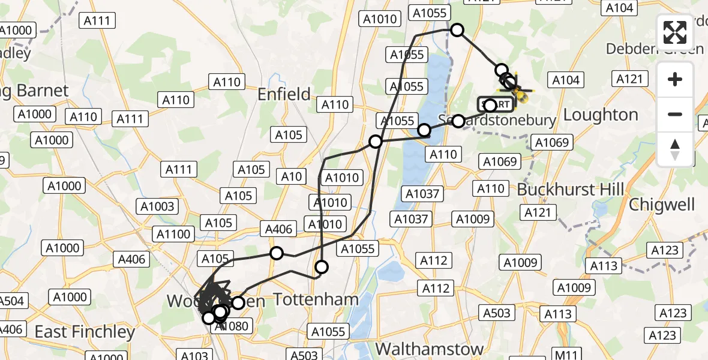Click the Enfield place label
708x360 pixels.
click(x=284, y=94)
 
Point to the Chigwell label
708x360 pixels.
click(x=662, y=205)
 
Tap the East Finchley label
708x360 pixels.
click(x=85, y=332)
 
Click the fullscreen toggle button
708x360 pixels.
click(x=675, y=32)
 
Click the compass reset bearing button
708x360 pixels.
click(x=675, y=149)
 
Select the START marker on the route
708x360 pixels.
click(x=496, y=104)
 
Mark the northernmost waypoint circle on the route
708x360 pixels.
click(x=457, y=30)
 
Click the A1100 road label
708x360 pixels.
click(x=173, y=234)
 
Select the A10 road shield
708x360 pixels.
click(x=292, y=176)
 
